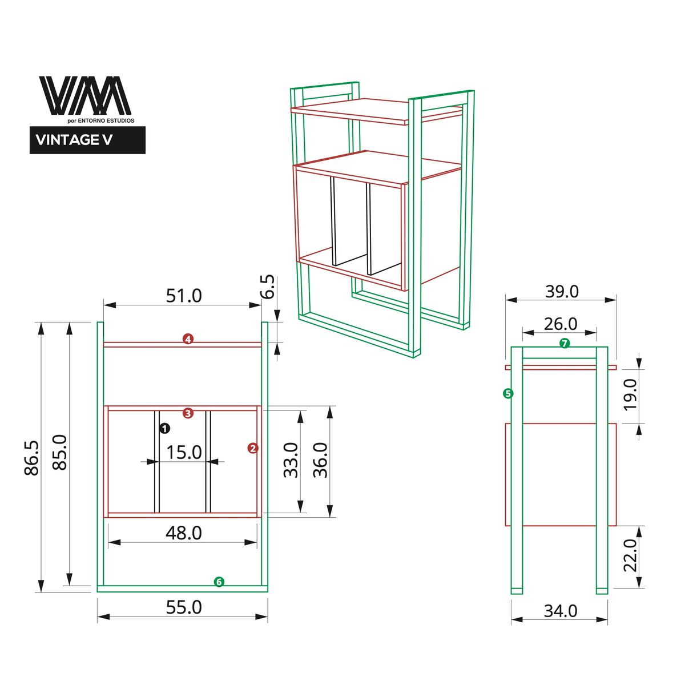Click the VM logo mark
(85, 95)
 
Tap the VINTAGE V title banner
(87, 140)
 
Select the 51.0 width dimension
(184, 296)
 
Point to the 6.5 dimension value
(268, 287)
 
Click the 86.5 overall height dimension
(32, 457)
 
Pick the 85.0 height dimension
(60, 452)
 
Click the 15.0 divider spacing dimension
(184, 452)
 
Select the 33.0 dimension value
(291, 460)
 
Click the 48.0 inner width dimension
(184, 533)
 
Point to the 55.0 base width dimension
(184, 607)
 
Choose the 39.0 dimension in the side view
(562, 291)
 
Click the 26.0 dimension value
(561, 324)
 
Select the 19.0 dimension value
(630, 394)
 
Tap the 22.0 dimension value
(630, 555)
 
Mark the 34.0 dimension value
(561, 611)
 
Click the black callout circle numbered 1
(164, 428)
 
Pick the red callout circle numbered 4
(188, 339)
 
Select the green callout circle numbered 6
(219, 582)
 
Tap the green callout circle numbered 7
(564, 343)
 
